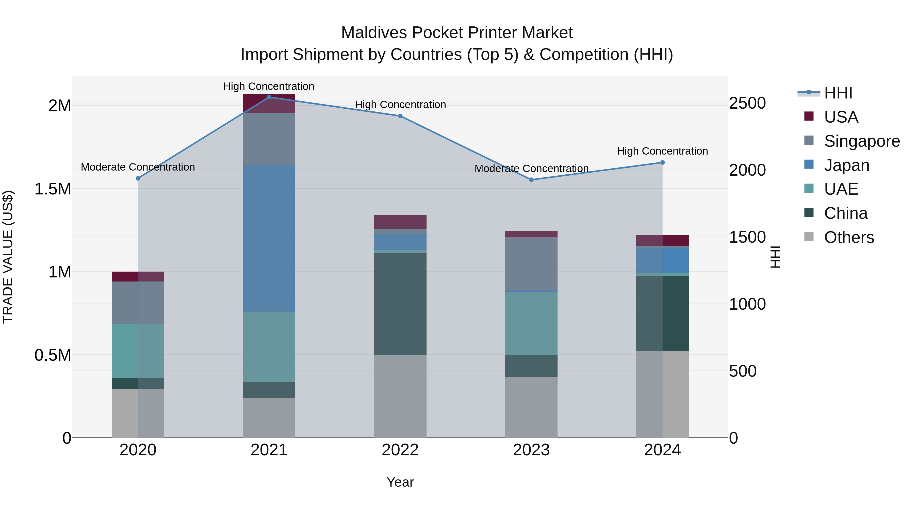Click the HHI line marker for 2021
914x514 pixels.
(269, 97)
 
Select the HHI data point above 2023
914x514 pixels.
(531, 180)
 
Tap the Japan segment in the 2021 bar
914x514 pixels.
(269, 238)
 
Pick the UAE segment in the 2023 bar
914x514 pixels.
(531, 324)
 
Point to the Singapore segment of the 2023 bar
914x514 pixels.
(531, 263)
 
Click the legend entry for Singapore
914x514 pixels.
(861, 141)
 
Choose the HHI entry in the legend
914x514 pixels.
(838, 93)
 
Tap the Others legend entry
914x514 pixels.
(849, 237)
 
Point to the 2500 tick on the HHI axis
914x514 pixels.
(747, 103)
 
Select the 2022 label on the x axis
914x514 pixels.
(400, 450)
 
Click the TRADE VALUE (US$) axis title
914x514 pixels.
(8, 257)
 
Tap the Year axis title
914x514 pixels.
(400, 482)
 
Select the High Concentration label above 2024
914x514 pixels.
(662, 151)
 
